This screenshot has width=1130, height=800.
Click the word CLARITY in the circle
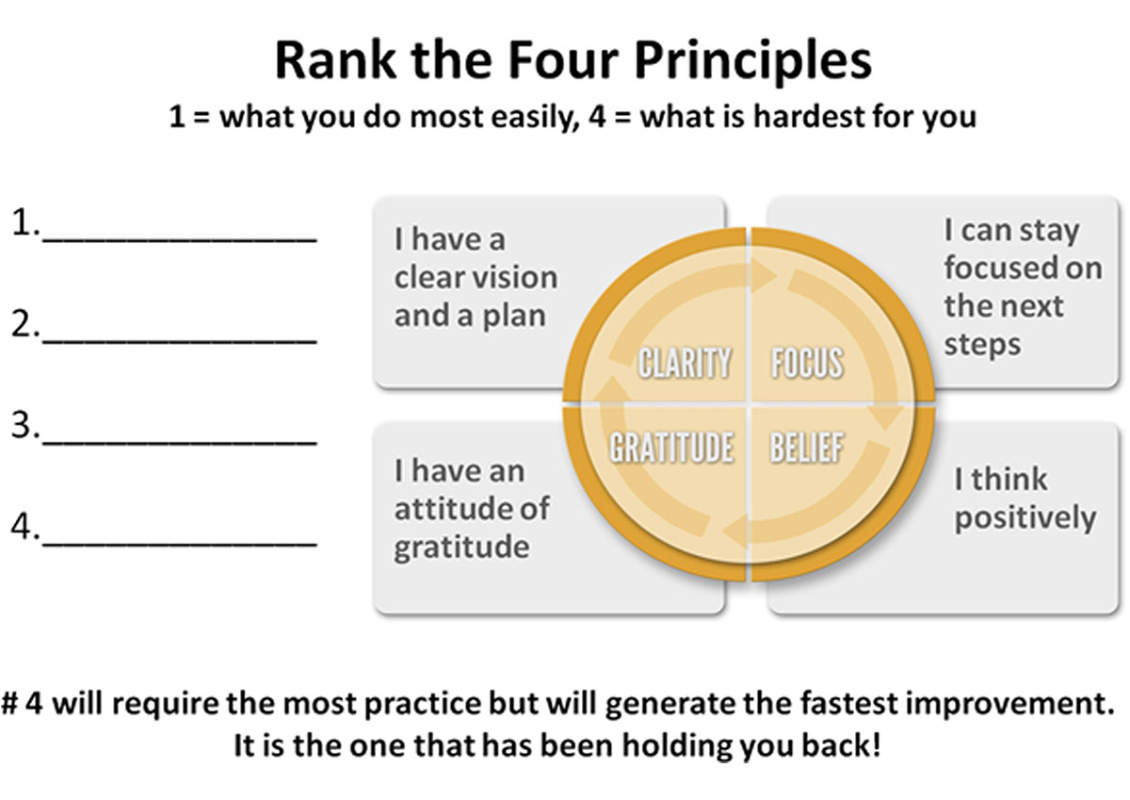coord(685,363)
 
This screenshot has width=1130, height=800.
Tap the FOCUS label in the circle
coord(807,363)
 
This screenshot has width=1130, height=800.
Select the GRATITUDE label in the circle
coord(671,448)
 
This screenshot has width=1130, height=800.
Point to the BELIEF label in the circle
coord(806,448)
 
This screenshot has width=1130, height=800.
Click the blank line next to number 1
coord(180,241)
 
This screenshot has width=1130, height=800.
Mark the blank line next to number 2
coord(180,342)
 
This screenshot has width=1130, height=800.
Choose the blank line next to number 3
coord(180,443)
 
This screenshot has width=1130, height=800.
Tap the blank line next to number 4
coord(180,544)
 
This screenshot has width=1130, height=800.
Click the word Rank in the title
coord(335,59)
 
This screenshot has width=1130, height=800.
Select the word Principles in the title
coord(752,61)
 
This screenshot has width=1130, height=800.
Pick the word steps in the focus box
coord(982,346)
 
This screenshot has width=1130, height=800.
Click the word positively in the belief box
coord(1025,518)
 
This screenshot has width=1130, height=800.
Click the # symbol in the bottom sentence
coord(9,703)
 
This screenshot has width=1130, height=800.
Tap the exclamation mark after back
coord(876,744)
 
